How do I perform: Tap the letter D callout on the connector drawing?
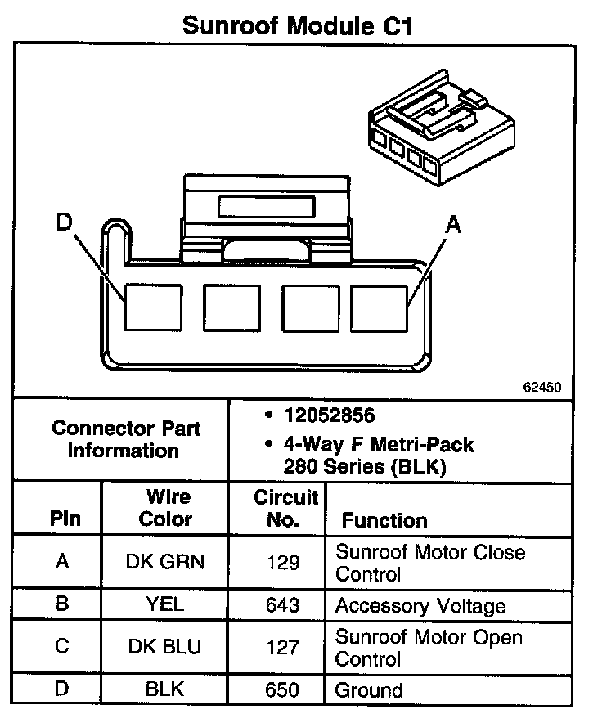tap(65, 222)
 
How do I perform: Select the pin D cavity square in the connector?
tap(153, 308)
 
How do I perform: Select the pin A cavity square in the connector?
tap(380, 308)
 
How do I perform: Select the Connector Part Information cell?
tap(126, 439)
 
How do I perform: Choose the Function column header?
tap(384, 520)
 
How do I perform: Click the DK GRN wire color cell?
tap(165, 562)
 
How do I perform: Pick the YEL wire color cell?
tap(165, 605)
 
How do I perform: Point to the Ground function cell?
tap(369, 689)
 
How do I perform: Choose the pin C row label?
tap(61, 647)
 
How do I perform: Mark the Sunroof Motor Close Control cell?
tap(430, 562)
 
